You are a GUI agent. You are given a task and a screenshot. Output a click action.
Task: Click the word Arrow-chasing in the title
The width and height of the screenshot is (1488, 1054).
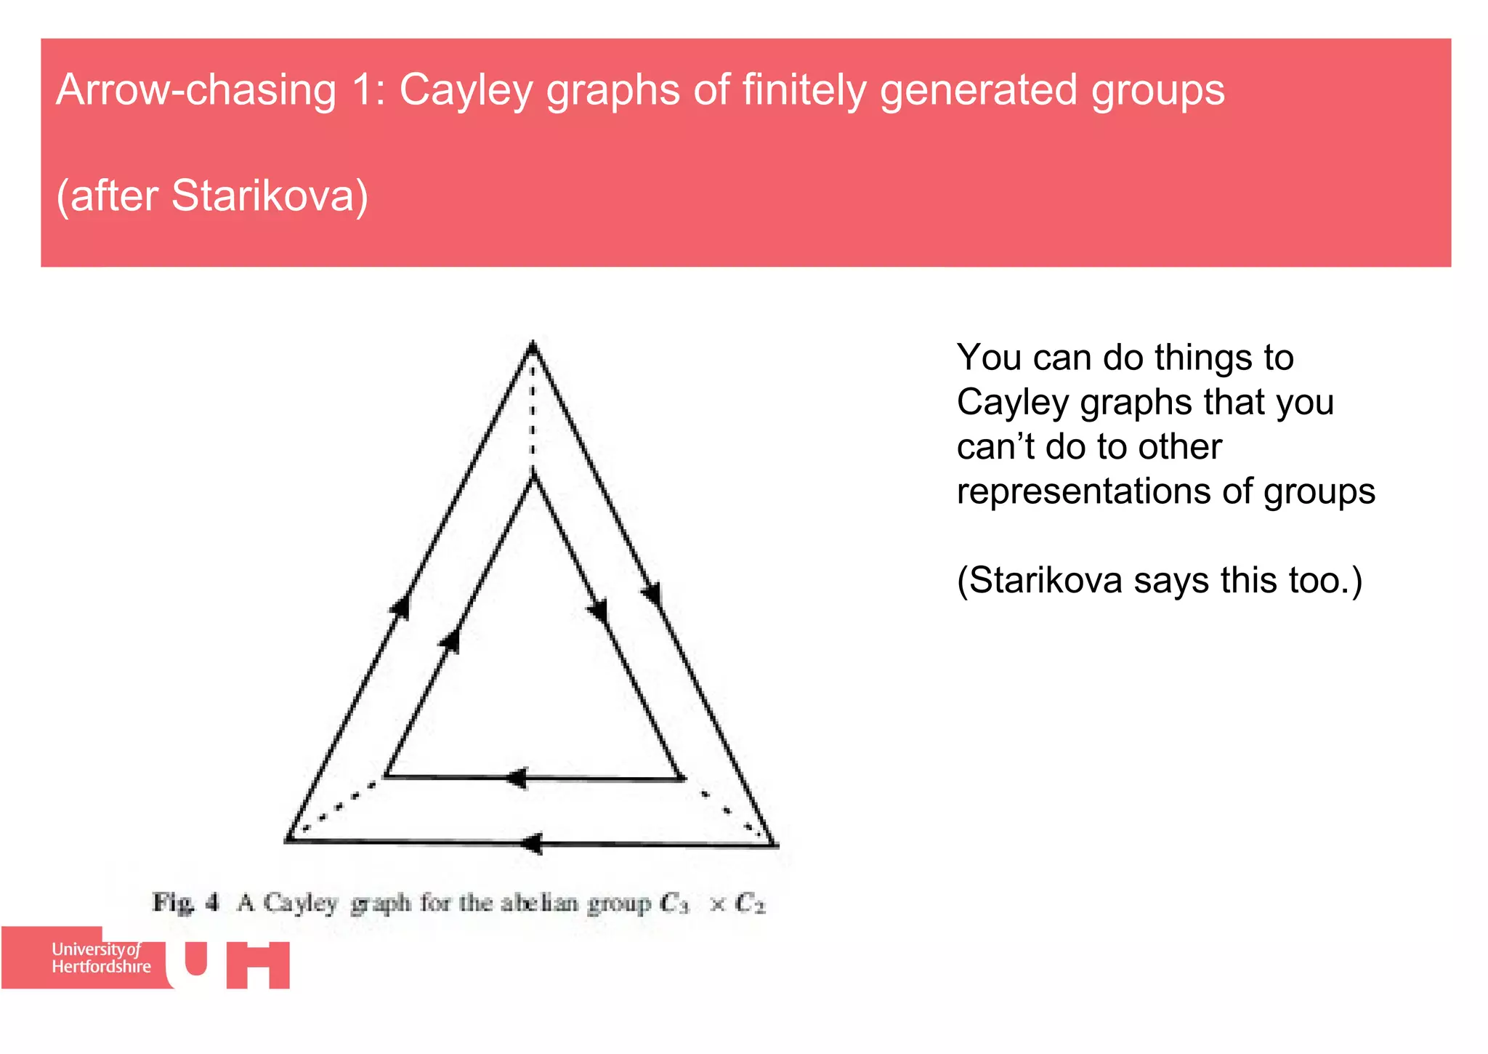(196, 90)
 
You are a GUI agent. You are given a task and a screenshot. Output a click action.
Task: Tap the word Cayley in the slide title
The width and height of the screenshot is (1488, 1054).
(466, 90)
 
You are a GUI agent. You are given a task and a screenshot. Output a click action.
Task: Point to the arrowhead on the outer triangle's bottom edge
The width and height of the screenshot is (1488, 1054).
(533, 843)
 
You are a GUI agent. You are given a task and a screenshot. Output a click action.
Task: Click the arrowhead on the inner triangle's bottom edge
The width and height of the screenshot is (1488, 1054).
(517, 778)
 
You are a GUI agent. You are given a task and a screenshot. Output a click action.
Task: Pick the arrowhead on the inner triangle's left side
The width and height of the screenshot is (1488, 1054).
(450, 640)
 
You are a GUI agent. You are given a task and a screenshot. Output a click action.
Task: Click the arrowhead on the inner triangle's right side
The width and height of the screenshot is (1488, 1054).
(598, 609)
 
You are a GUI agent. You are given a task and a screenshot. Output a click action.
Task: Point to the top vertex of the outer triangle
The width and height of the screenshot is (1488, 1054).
(533, 345)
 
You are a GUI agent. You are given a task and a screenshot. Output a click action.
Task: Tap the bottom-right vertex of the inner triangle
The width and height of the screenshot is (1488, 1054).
(681, 779)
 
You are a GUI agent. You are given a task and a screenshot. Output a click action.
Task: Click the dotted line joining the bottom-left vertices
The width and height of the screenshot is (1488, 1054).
(338, 807)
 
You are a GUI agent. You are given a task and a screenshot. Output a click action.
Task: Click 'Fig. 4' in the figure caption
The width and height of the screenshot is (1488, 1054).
(185, 903)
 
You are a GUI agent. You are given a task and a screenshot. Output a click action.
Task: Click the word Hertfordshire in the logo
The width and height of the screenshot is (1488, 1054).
(101, 967)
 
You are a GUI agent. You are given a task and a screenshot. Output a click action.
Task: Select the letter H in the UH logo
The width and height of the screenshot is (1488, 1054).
(258, 965)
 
